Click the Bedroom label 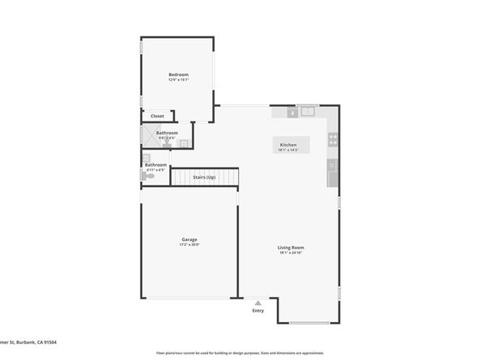pos(178,74)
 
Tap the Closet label pos(157,116)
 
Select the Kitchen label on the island pos(288,145)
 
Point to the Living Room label pos(291,248)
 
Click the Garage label pos(189,239)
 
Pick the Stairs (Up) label pos(204,176)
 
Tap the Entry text pos(258,311)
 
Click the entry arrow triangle pos(258,303)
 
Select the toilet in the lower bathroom pos(149,175)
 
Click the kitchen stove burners pos(332,139)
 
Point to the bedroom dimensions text pos(178,80)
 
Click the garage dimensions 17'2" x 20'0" pos(189,245)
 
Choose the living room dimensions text pos(291,253)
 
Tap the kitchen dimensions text pos(288,150)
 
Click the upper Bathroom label pos(167,133)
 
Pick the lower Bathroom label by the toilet pos(155,165)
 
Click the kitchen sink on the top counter pos(307,112)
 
